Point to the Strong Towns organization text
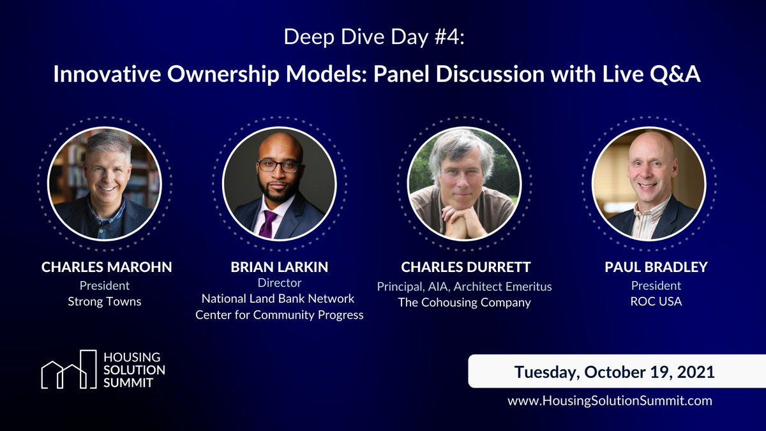105,301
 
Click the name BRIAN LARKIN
279,267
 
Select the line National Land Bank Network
278,298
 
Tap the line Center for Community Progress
279,315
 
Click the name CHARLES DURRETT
464,267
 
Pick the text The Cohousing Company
464,303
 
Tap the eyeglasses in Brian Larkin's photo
279,165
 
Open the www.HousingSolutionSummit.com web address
610,401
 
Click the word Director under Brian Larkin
279,282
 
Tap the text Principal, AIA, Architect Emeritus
464,286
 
